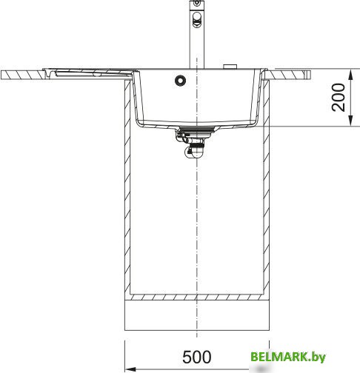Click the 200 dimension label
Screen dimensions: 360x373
tap(339, 98)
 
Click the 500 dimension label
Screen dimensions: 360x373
tap(197, 357)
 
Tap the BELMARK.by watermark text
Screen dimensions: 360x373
tap(288, 357)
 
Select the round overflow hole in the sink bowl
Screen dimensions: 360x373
tap(180, 80)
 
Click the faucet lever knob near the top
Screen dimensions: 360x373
tap(197, 19)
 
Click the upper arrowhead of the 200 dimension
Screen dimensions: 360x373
tap(350, 74)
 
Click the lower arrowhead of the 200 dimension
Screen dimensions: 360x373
tap(350, 121)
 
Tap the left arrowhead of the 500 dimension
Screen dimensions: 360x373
tap(130, 369)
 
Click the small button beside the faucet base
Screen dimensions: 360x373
tap(230, 67)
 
